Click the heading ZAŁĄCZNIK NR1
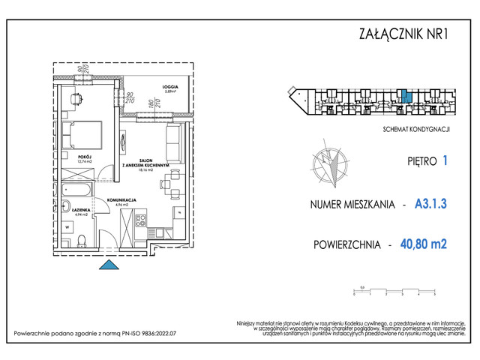coord(405,34)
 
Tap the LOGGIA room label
coord(150,88)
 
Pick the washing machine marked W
coord(68,225)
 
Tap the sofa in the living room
coord(173,140)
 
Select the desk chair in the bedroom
coord(77,97)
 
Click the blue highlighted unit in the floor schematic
coord(405,97)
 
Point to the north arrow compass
coord(329,165)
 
